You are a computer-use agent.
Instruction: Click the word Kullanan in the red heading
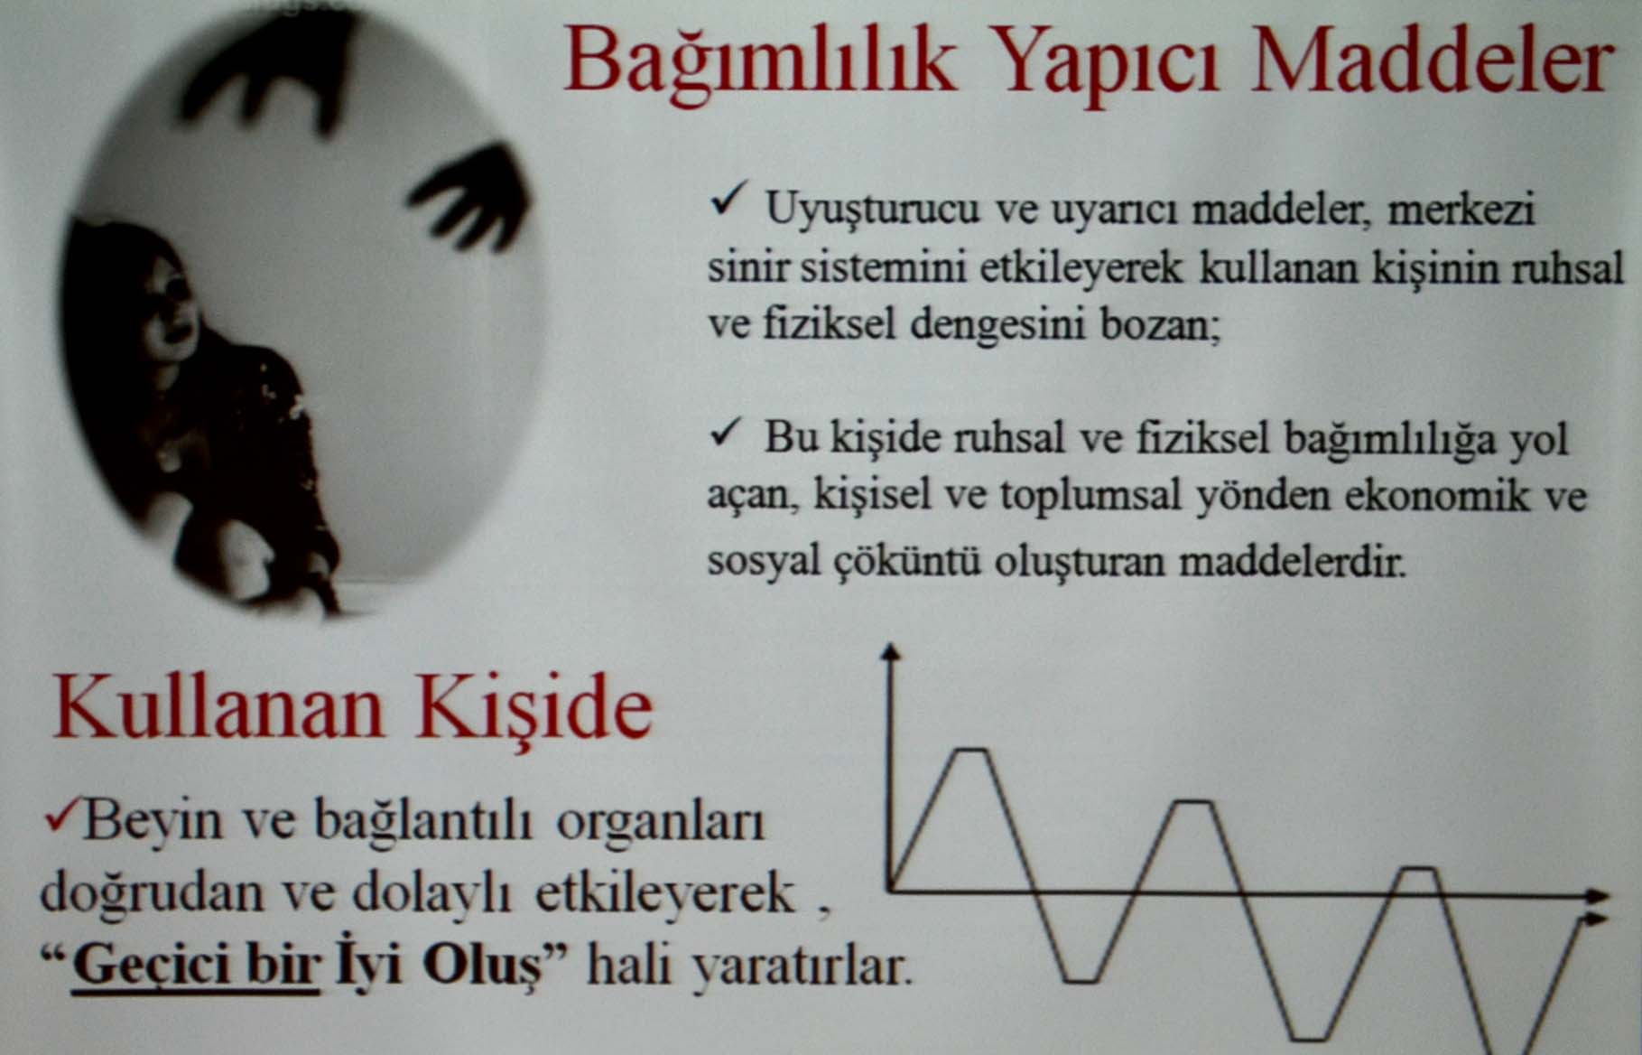218,708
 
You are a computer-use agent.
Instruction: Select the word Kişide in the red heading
534,708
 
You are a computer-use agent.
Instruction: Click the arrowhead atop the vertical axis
892,652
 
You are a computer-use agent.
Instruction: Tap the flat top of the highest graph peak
971,749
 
